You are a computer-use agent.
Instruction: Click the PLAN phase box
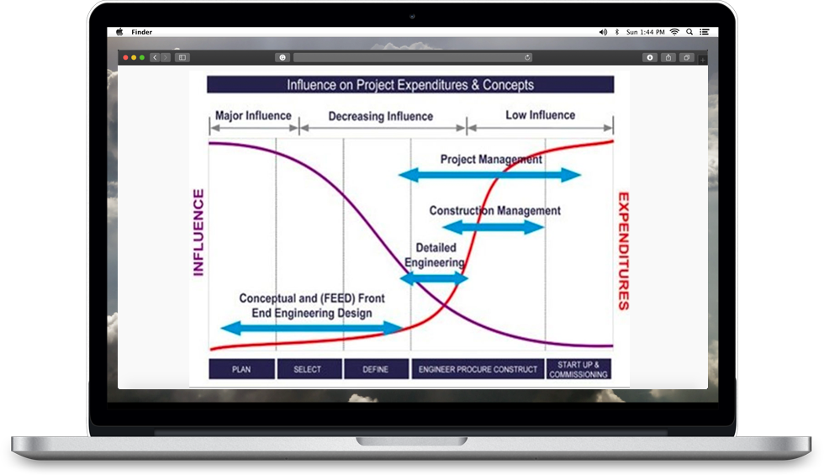242,369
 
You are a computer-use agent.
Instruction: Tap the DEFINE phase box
377,369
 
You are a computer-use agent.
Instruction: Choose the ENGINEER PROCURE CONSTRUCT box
478,369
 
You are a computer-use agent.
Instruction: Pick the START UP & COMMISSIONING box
578,369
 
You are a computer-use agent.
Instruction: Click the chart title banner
410,85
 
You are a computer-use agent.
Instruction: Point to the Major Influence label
253,116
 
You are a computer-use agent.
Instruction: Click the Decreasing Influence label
380,116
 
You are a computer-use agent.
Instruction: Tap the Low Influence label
540,115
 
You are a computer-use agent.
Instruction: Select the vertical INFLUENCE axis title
198,232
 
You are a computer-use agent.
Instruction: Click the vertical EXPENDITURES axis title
623,251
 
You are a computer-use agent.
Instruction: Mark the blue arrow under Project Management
489,175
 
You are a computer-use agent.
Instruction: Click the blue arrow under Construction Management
493,227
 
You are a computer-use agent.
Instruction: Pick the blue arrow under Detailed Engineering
434,278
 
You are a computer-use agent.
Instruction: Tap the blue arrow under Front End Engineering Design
312,329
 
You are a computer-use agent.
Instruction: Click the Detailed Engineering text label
436,255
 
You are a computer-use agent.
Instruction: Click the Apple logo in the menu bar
119,32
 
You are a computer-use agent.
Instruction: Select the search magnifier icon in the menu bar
689,32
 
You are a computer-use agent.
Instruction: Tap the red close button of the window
125,57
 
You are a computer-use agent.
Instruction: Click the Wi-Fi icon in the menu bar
674,32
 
